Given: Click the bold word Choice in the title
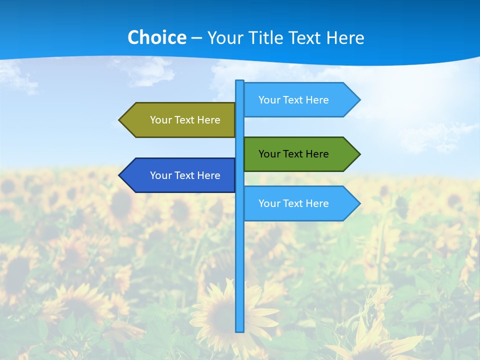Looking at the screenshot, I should tap(156, 38).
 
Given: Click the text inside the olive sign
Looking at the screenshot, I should tap(185, 120).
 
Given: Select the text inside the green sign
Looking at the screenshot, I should tap(293, 154).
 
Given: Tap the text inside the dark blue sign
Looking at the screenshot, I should tap(185, 175).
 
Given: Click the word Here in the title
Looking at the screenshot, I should tap(345, 38).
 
